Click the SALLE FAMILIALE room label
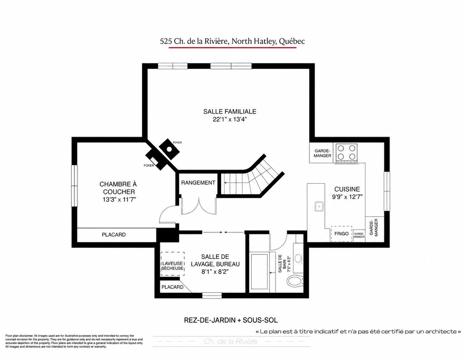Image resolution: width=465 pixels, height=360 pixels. [230, 111]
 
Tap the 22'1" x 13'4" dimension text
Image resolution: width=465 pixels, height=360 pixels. [230, 119]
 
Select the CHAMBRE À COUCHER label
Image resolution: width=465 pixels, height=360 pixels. [118, 188]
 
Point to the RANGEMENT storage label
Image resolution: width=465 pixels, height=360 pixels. [198, 183]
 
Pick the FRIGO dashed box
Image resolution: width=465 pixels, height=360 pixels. [341, 234]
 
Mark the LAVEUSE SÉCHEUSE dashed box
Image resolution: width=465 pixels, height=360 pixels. [172, 264]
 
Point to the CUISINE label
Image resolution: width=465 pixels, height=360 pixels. [347, 189]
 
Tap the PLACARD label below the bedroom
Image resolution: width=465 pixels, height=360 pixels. [113, 235]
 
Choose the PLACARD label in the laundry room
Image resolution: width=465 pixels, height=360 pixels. [172, 287]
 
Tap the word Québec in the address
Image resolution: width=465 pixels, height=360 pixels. [292, 41]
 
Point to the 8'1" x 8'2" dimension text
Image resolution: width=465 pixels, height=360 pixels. [215, 272]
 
